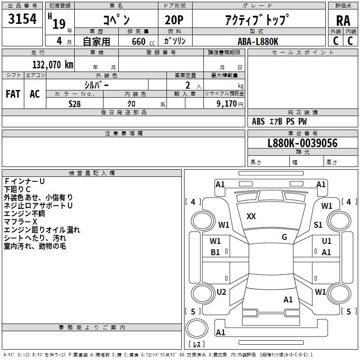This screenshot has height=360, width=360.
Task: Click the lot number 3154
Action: tap(22, 19)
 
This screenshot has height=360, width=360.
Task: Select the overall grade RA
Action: tap(343, 21)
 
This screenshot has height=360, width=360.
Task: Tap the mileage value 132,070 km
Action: tap(53, 65)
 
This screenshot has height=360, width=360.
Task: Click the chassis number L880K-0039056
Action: tap(302, 143)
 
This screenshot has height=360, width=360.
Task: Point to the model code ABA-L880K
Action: tap(258, 41)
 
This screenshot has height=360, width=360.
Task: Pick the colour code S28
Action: tap(74, 104)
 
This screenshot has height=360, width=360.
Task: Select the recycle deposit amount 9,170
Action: tap(227, 104)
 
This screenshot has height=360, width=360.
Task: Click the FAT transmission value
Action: tap(13, 94)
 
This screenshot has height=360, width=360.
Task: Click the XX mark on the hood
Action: tap(251, 216)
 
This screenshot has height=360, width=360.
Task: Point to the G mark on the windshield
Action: tap(284, 237)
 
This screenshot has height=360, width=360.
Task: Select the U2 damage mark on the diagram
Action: tap(221, 292)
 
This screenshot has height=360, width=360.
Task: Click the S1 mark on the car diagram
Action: tap(318, 225)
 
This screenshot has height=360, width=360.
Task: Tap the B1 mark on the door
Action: tap(215, 252)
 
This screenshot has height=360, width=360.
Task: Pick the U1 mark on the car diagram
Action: tap(327, 241)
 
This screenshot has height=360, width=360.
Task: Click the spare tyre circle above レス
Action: tap(197, 328)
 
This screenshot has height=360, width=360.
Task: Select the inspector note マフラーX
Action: tap(20, 221)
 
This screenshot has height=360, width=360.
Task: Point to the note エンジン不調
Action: tap(24, 213)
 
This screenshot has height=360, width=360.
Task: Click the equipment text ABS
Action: tap(258, 121)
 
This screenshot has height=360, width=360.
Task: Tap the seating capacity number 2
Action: tap(188, 85)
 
